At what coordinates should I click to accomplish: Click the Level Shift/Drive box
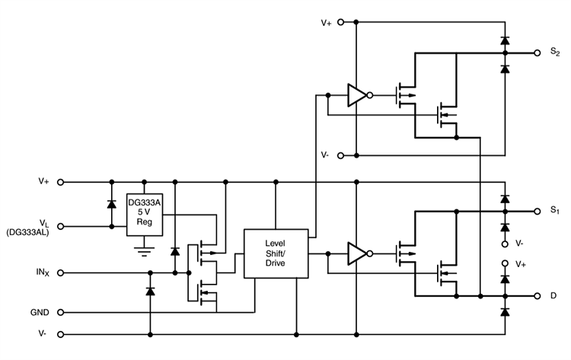[274, 253]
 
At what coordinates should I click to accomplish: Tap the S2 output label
[554, 54]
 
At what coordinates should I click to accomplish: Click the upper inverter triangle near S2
[356, 95]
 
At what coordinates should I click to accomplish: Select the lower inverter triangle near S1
[356, 253]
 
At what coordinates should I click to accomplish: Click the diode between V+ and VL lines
[111, 204]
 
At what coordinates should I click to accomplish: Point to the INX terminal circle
[61, 272]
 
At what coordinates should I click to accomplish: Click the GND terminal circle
[61, 312]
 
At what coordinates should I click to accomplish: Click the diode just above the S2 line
[504, 40]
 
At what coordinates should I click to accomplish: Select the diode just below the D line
[504, 311]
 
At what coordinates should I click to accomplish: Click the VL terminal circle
[61, 226]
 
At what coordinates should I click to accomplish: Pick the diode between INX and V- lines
[150, 292]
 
